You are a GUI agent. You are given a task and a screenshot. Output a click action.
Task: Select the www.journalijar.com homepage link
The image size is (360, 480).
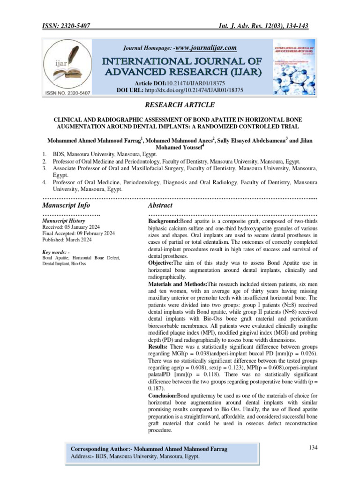(205, 48)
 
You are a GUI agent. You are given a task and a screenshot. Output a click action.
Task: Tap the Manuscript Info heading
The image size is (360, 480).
(66, 205)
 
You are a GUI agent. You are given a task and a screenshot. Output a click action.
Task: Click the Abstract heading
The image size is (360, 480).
(160, 205)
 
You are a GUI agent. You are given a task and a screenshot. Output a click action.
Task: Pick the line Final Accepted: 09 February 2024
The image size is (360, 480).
(78, 233)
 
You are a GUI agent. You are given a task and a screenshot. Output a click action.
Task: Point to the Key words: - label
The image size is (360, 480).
(56, 253)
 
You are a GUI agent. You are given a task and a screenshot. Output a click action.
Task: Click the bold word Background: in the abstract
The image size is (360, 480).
(164, 220)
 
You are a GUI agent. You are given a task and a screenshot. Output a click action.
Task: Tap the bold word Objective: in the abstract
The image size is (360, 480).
(162, 263)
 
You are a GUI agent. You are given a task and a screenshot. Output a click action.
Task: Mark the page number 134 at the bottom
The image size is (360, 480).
(313, 448)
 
